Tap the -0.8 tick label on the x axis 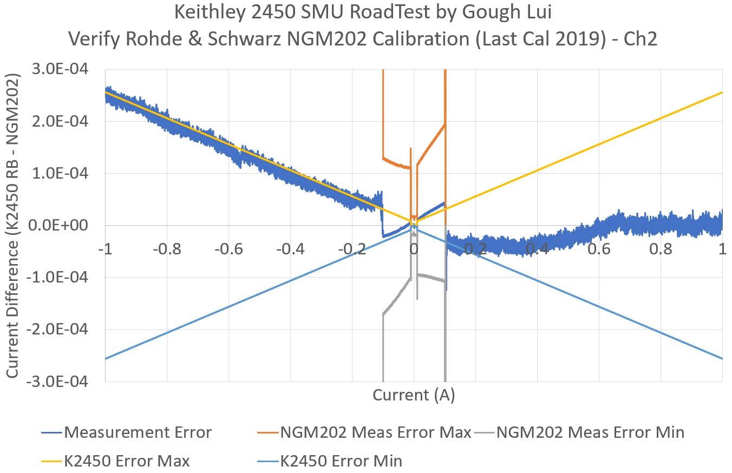[167, 249]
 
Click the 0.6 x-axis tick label [599, 249]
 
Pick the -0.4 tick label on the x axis [290, 249]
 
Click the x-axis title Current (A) [414, 395]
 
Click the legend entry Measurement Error [138, 432]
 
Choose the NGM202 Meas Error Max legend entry [375, 432]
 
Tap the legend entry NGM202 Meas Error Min [590, 432]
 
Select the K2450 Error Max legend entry [127, 461]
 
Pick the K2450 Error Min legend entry [341, 461]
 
